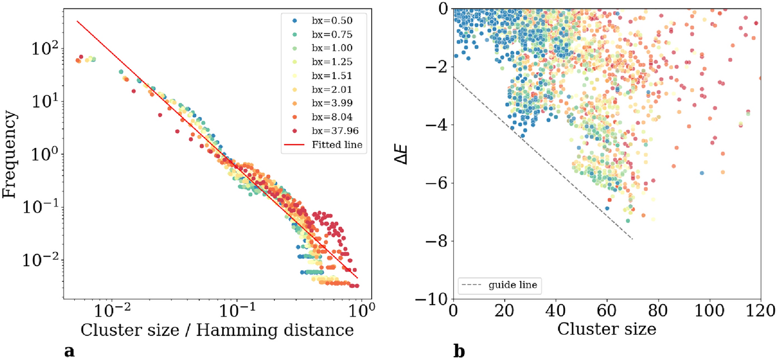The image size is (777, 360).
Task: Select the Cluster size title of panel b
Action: [x=606, y=329]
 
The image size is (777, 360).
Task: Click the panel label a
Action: [x=69, y=351]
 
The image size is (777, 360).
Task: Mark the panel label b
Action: [x=458, y=351]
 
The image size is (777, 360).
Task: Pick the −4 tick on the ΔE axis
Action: [x=438, y=124]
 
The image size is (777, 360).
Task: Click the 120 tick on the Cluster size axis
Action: [x=760, y=309]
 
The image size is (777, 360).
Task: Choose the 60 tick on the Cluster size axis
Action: [x=607, y=309]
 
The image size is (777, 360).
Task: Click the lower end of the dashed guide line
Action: [x=632, y=239]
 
